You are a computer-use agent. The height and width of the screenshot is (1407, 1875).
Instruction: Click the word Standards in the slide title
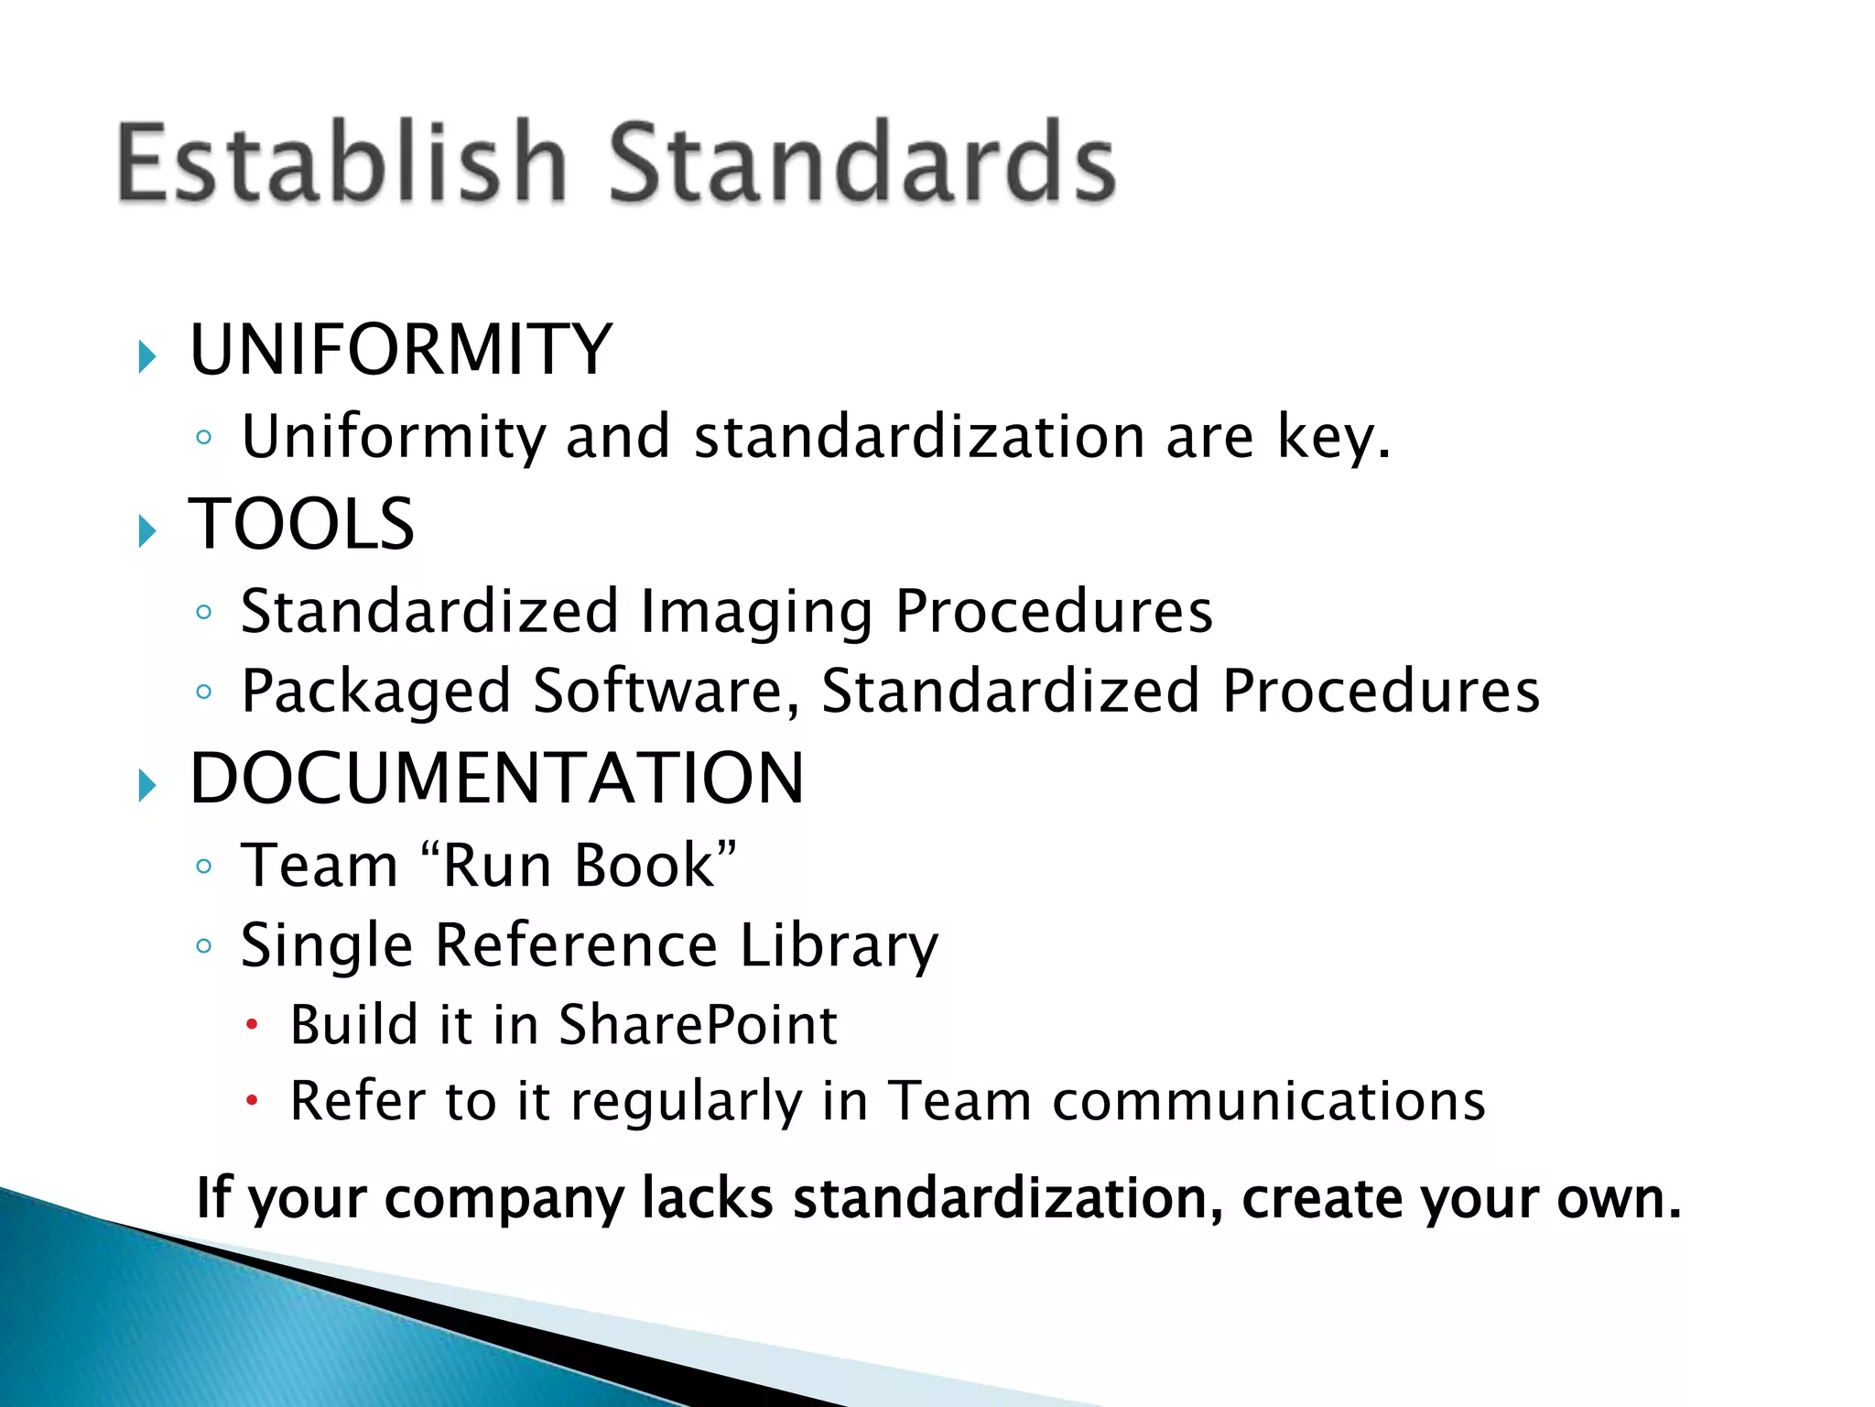[862, 162]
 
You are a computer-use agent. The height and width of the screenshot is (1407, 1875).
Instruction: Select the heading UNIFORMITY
[400, 350]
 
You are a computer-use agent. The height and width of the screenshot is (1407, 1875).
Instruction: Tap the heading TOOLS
[301, 524]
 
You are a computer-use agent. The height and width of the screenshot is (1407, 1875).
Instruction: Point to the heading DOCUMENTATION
[496, 779]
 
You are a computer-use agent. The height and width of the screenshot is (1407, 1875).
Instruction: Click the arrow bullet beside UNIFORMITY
[147, 356]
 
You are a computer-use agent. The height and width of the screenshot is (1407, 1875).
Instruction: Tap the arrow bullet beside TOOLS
[147, 530]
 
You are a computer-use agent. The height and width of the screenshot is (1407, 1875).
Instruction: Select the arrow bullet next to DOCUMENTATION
[147, 785]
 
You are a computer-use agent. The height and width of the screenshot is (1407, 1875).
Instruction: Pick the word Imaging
[756, 612]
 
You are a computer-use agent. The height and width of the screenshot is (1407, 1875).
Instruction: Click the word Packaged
[375, 692]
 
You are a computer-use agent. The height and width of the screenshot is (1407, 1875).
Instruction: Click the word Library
[839, 945]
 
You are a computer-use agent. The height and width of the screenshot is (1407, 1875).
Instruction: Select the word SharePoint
[698, 1025]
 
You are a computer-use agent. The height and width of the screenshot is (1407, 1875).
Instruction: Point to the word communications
[1268, 1101]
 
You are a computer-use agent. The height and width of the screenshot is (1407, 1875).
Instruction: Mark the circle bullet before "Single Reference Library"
[204, 945]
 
